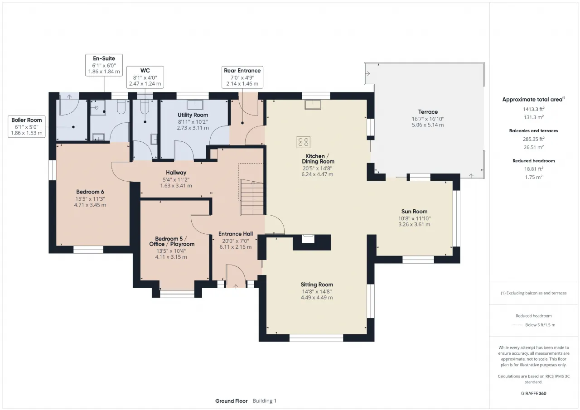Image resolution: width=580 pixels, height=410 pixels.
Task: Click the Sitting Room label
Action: pos(317,285)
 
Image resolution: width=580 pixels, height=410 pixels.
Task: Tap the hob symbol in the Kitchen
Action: pos(303,142)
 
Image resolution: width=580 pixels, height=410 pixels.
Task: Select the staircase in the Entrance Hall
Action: pos(251,197)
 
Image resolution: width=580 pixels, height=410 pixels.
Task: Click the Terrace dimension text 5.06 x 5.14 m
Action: pos(428,125)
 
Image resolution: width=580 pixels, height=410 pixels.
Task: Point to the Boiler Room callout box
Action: pos(27,126)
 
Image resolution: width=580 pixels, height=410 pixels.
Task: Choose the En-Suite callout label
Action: pos(104,58)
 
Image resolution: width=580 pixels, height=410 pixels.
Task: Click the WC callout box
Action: pos(145,77)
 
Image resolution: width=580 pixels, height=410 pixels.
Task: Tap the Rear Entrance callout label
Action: pos(242,70)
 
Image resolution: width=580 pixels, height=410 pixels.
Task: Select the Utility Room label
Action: pos(193,115)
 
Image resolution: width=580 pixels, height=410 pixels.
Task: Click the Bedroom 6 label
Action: pos(90,192)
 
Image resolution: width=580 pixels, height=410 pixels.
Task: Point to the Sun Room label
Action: pos(414,212)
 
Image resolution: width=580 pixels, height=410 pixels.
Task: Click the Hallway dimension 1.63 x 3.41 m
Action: pos(176,186)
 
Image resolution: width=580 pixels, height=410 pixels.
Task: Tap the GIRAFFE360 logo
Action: pos(534,393)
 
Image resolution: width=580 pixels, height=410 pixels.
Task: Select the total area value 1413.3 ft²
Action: pos(534,109)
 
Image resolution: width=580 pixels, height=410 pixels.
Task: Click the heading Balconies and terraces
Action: pos(534,131)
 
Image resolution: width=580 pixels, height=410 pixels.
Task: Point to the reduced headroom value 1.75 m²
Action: pos(534,177)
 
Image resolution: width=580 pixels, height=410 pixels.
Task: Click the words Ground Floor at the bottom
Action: pos(232,401)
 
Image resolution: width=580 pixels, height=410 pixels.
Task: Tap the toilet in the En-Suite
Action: pos(121,107)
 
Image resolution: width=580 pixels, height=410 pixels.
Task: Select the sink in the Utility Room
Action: pos(195,105)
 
